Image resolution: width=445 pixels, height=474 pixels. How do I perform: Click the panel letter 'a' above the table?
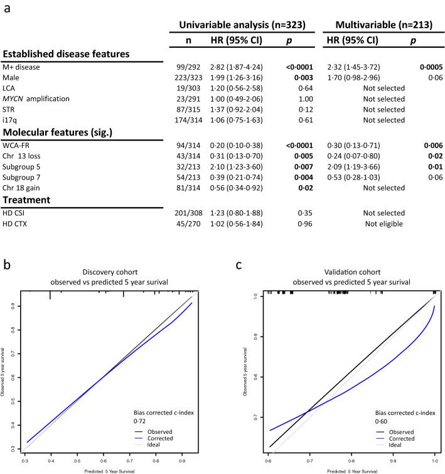click(9, 9)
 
